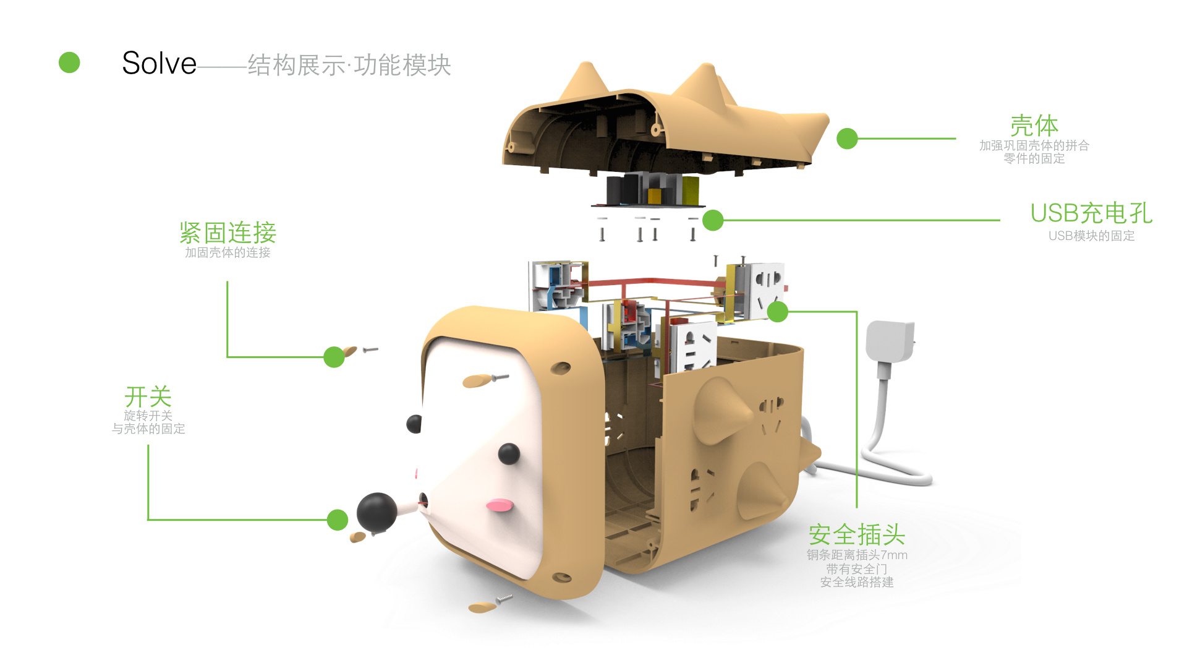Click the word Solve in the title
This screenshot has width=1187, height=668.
click(159, 63)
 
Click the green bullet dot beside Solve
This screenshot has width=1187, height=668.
click(69, 62)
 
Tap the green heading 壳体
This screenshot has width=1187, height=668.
click(1034, 126)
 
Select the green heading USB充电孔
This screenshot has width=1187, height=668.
click(1091, 213)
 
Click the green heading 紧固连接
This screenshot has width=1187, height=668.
click(228, 233)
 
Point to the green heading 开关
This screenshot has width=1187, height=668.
click(148, 396)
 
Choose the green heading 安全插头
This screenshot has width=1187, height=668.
click(857, 534)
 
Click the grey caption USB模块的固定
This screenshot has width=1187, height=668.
click(1091, 236)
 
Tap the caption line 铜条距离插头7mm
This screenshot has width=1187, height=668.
click(857, 555)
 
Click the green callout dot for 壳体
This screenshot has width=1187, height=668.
click(847, 139)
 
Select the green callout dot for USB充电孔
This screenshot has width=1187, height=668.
click(713, 220)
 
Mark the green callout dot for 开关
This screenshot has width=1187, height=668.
click(337, 520)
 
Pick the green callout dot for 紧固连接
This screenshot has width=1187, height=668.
click(334, 357)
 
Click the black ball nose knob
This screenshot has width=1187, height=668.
click(377, 512)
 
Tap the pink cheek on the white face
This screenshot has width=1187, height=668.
click(500, 505)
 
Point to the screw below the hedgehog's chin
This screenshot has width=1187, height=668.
click(504, 599)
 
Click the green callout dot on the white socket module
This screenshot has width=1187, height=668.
click(778, 312)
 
